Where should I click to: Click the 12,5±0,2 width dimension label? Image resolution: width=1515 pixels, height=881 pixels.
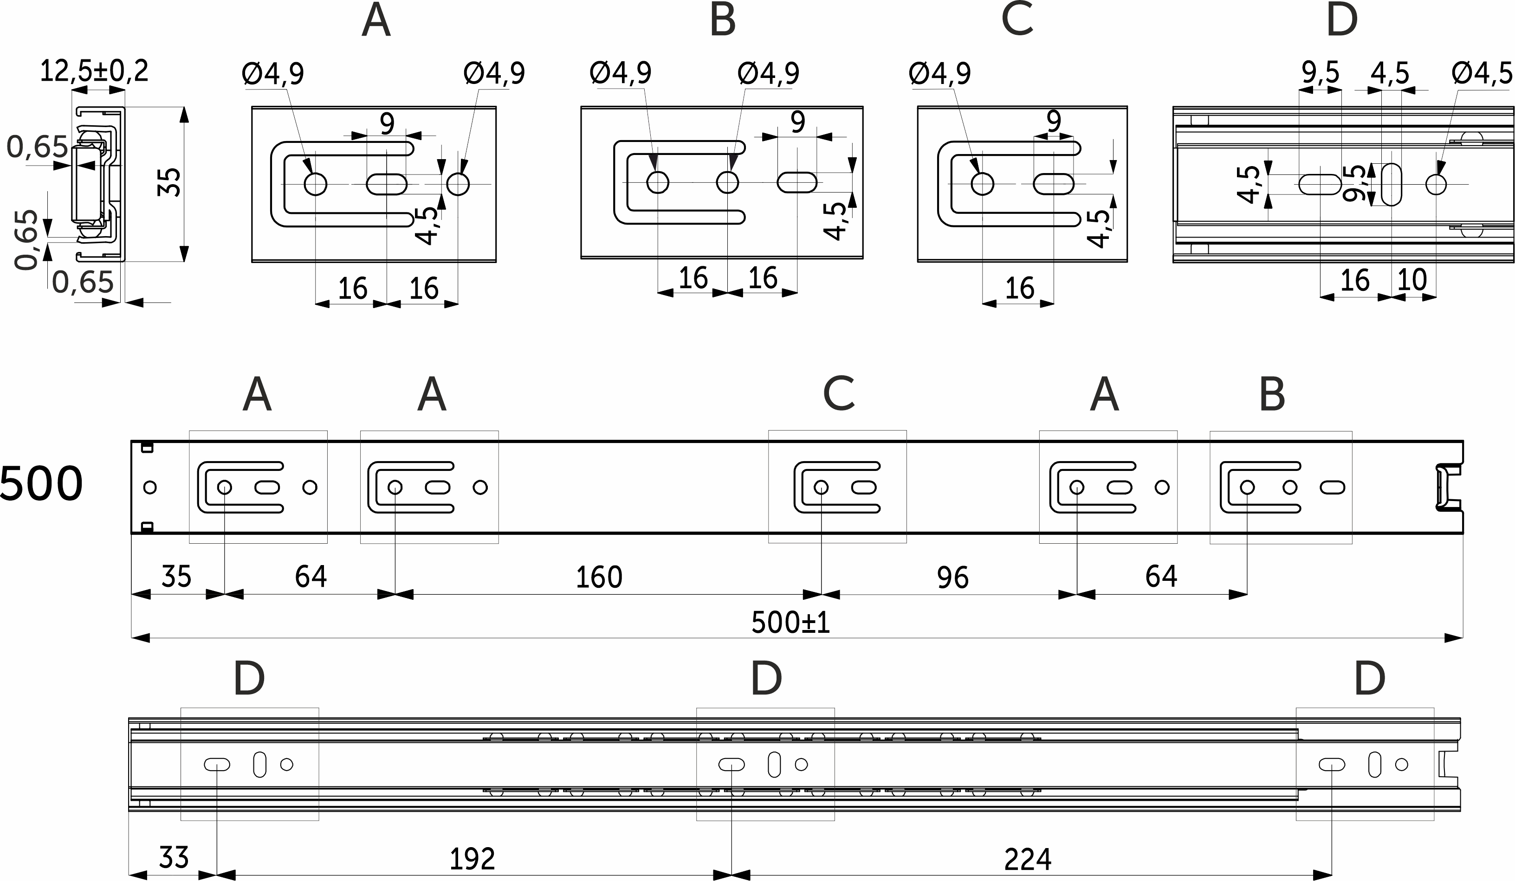(x=94, y=71)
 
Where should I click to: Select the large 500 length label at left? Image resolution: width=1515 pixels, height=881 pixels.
(x=41, y=484)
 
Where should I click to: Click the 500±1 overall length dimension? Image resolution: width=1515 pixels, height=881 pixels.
(x=790, y=623)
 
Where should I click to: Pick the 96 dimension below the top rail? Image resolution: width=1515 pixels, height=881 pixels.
(x=952, y=578)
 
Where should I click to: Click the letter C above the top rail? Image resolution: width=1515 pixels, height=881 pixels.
(x=839, y=394)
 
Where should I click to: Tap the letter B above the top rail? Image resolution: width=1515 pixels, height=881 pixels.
(x=1272, y=394)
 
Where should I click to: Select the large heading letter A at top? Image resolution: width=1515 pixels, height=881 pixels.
(x=376, y=20)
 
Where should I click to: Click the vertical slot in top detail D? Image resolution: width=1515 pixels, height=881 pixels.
(x=1391, y=184)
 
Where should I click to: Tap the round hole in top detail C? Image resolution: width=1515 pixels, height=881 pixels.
(x=982, y=184)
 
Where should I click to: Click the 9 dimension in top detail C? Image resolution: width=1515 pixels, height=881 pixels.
(x=1054, y=122)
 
